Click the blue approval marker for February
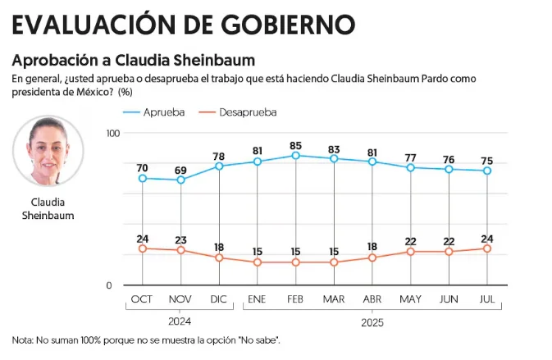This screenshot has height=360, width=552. coord(296,156)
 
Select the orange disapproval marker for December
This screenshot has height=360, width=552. coord(219,257)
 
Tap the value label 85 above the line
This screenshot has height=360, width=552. coord(296,146)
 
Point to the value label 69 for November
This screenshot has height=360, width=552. coord(180,171)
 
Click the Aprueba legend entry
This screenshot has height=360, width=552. coord(154,112)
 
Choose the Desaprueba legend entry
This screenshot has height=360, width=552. coord(238,112)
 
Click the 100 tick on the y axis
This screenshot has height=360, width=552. coord(113,133)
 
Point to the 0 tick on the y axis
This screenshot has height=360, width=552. coord(109,285)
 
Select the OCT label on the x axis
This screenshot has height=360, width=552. coord(142,299)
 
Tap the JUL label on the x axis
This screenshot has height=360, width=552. coord(487,299)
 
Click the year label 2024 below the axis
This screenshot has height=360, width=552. coord(180,321)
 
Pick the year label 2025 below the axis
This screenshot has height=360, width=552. coord(372,323)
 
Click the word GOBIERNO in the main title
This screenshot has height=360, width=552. coord(289,25)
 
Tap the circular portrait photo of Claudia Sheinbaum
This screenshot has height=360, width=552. coord(48,151)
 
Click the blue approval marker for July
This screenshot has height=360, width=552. coord(487,171)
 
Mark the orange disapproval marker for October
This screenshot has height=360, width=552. coord(143,248)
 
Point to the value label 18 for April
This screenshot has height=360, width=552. coord(372,247)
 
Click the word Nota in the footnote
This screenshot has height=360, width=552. coord(22,340)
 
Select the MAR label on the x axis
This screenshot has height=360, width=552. coord(334,299)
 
